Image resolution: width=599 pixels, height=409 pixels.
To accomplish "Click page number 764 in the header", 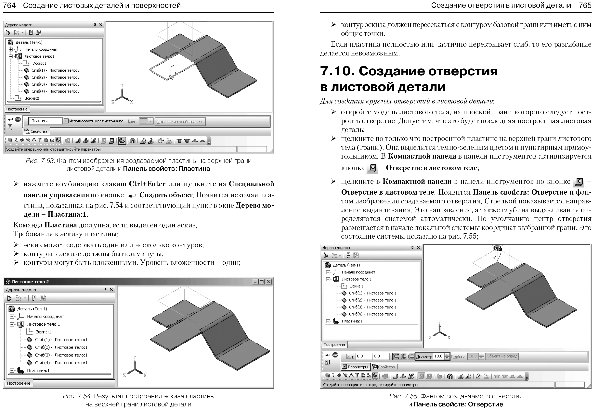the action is pyautogui.click(x=9, y=5).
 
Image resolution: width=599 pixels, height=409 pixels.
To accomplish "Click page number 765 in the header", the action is pyautogui.click(x=585, y=5).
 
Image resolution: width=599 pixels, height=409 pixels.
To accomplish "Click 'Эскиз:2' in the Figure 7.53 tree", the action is pyautogui.click(x=32, y=98).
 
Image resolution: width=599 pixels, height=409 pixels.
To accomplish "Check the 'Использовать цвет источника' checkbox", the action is pyautogui.click(x=66, y=121).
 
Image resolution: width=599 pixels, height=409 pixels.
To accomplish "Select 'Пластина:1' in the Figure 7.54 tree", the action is pyautogui.click(x=38, y=370).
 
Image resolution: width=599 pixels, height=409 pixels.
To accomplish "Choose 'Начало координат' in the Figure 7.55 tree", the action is pyautogui.click(x=358, y=272).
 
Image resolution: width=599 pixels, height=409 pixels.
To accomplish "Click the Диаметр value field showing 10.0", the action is pyautogui.click(x=439, y=356).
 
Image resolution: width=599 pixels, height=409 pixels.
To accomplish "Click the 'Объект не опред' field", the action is pyautogui.click(x=502, y=356).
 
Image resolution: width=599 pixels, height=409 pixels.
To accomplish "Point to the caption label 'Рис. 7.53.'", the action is pyautogui.click(x=40, y=161).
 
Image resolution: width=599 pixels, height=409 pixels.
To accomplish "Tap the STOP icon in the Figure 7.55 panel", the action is pyautogui.click(x=335, y=355).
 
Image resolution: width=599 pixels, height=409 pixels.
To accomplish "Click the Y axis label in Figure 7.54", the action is pyautogui.click(x=135, y=357).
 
